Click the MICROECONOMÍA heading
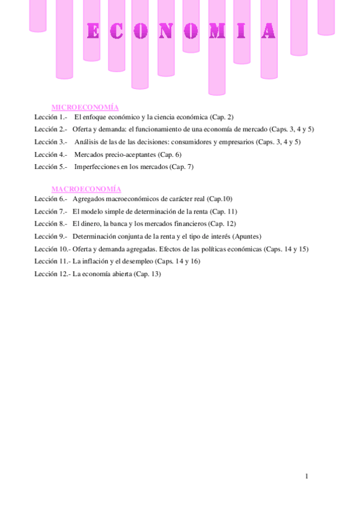tap(85, 106)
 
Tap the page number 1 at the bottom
tap(307, 476)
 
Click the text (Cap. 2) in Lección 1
tap(222, 117)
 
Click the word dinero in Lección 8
tap(91, 224)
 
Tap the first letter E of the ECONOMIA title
tap(93, 31)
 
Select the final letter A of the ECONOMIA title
tap(268, 31)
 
